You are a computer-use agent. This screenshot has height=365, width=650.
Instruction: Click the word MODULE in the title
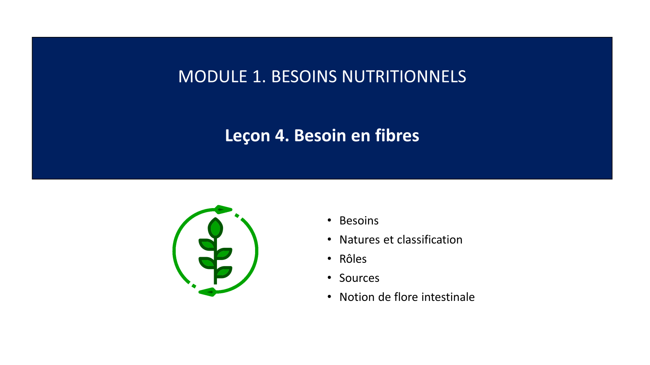[x=213, y=77]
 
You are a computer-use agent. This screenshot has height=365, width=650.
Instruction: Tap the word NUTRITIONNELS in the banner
[x=404, y=77]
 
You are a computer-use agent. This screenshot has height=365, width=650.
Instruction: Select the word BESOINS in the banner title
[x=304, y=77]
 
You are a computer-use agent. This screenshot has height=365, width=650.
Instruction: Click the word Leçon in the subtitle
[x=247, y=135]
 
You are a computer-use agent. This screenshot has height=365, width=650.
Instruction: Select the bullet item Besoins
[x=359, y=221]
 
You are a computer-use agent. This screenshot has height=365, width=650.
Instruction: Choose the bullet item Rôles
[x=353, y=259]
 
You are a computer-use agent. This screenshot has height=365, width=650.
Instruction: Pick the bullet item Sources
[x=359, y=278]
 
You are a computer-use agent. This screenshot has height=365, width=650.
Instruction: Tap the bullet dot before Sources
[x=329, y=278]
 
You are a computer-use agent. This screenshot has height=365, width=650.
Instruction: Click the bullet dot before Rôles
[x=329, y=258]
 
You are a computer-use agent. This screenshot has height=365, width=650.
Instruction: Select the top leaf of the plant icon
[x=215, y=228]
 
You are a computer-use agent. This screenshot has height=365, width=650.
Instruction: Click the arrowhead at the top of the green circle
[x=223, y=209]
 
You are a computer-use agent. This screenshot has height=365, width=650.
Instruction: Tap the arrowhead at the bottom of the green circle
[x=208, y=292]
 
